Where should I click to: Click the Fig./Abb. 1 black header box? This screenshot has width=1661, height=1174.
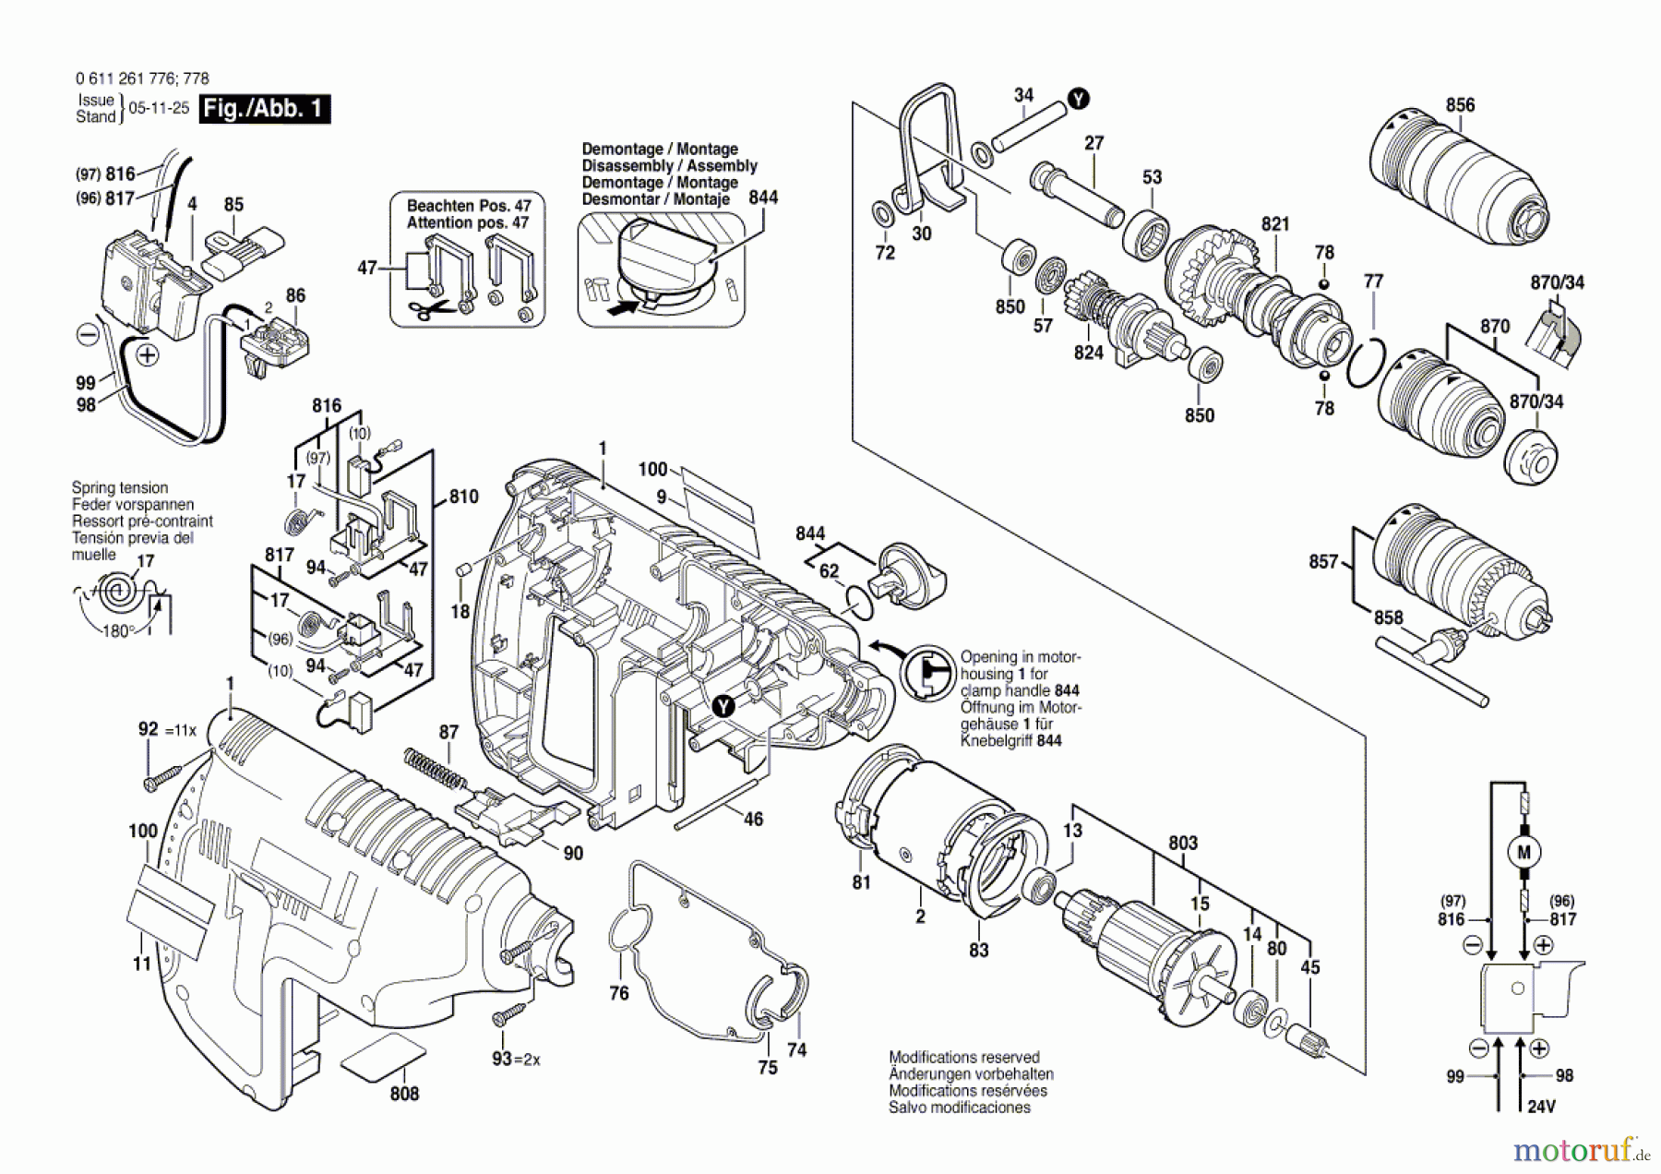[264, 109]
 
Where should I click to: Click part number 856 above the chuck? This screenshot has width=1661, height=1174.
[1460, 105]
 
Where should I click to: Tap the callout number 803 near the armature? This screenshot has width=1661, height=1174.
[1182, 843]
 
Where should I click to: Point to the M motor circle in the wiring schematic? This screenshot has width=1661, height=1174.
[1524, 852]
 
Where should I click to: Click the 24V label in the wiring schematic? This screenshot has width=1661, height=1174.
[1540, 1106]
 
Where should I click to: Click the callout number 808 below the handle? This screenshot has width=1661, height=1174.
[404, 1094]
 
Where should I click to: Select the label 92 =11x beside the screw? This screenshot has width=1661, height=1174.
[167, 730]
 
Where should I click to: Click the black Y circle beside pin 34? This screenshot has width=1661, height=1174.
[1078, 99]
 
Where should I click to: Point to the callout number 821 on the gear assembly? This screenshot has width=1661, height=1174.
[1275, 224]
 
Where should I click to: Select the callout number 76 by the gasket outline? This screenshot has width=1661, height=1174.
[618, 993]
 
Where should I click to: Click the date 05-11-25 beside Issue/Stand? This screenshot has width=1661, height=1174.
[159, 108]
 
